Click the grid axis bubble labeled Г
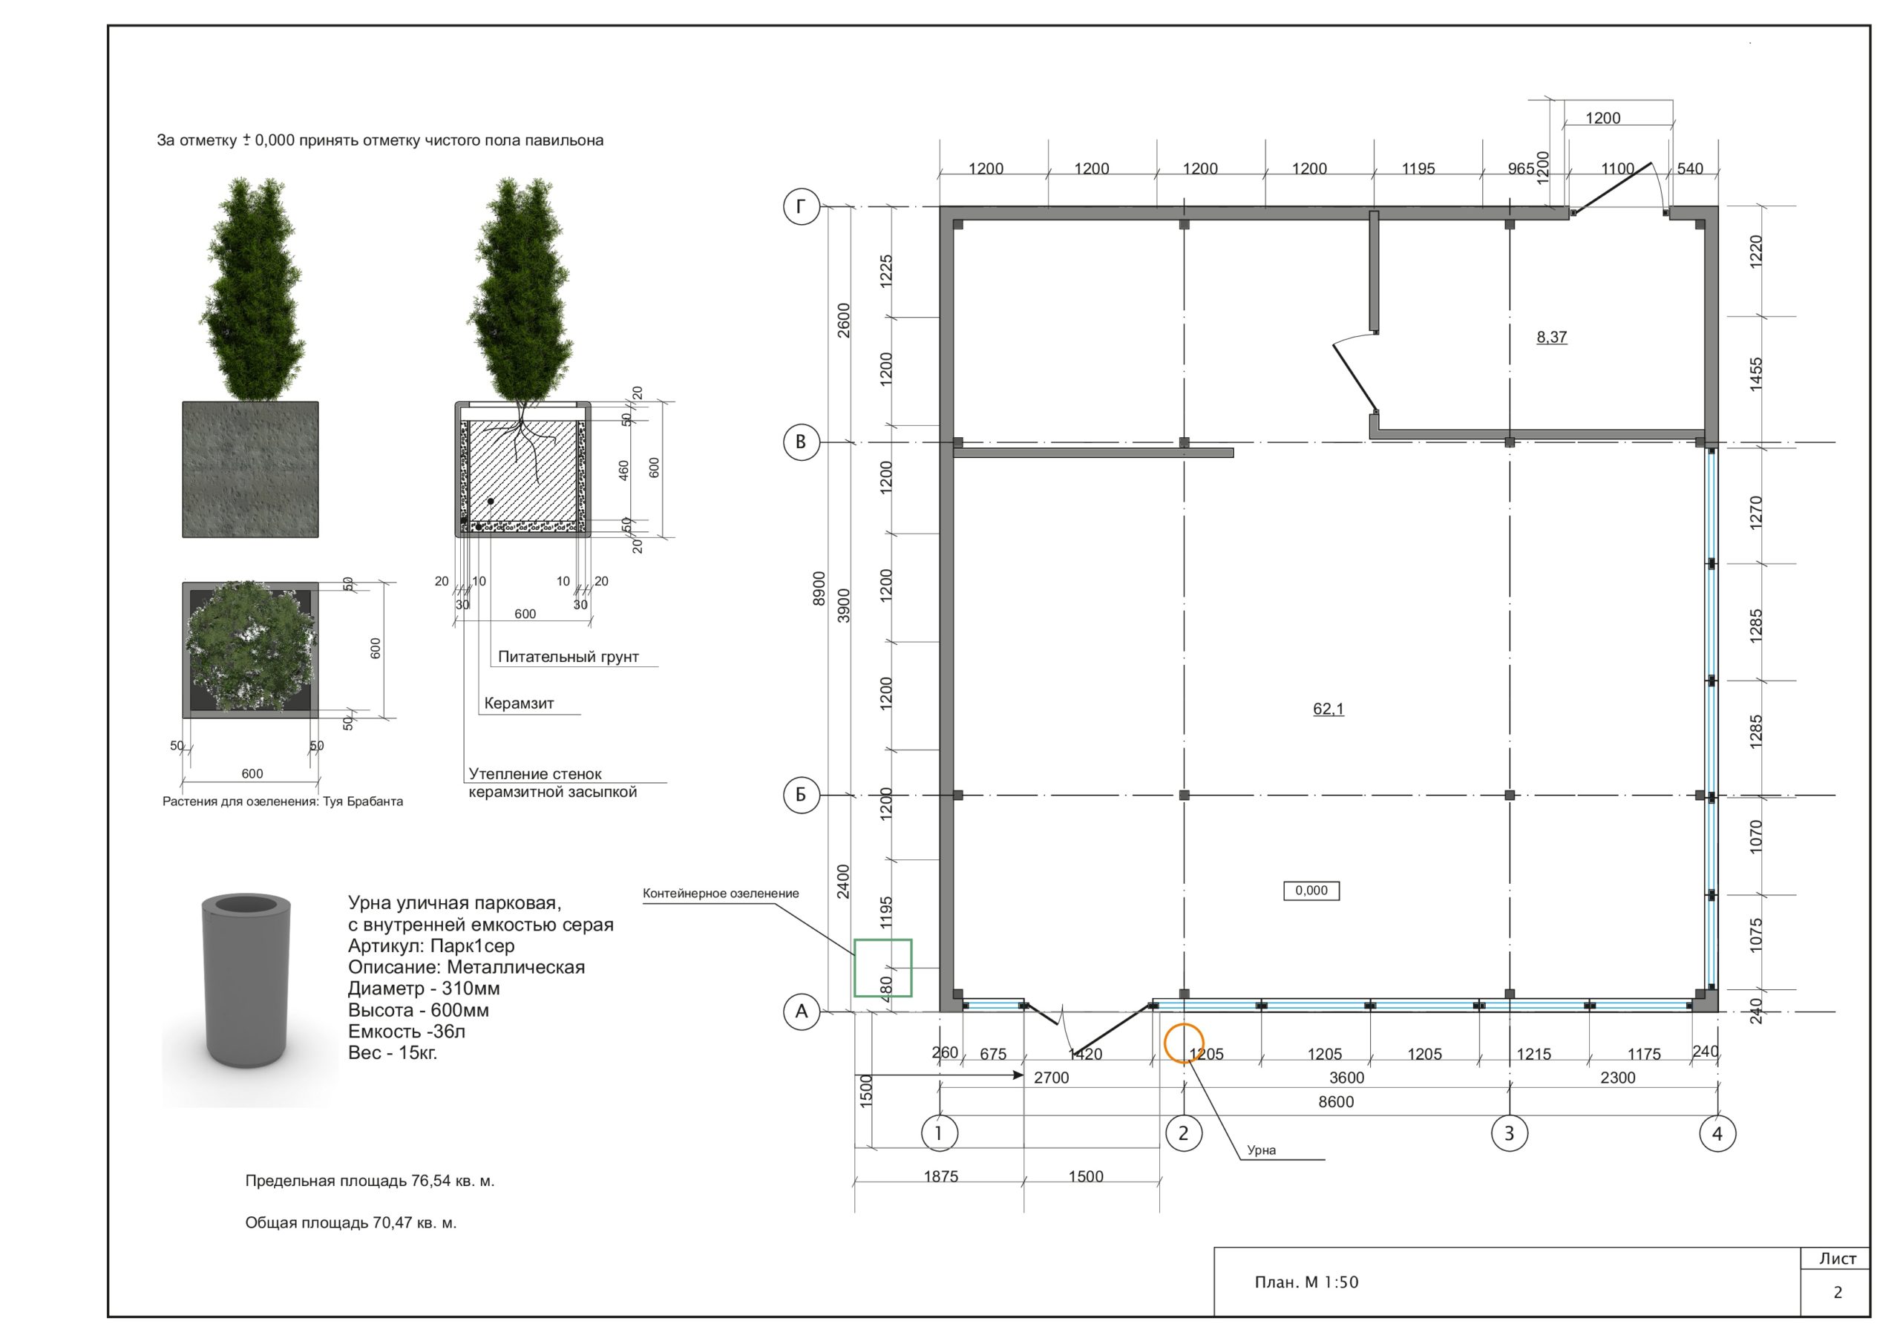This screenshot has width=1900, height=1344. [x=801, y=206]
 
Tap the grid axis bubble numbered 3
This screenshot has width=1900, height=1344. [x=1509, y=1133]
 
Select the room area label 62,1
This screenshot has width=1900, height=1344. [x=1329, y=709]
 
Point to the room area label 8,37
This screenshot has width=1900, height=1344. [x=1552, y=337]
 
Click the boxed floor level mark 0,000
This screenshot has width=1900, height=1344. [x=1311, y=891]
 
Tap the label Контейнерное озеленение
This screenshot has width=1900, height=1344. [x=721, y=893]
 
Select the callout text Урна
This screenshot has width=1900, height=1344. [x=1261, y=1150]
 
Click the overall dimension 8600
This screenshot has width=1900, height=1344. [x=1336, y=1101]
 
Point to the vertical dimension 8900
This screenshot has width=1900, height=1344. [x=819, y=588]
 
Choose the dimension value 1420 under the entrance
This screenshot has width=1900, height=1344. [x=1085, y=1054]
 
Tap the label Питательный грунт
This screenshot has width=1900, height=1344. [x=568, y=656]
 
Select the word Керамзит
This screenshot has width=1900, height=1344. [x=519, y=704]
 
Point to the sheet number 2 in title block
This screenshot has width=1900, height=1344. [x=1837, y=1292]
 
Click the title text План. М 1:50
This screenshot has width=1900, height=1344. [x=1306, y=1282]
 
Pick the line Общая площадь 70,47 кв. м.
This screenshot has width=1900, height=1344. [x=351, y=1222]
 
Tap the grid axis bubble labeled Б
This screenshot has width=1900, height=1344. [x=801, y=795]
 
